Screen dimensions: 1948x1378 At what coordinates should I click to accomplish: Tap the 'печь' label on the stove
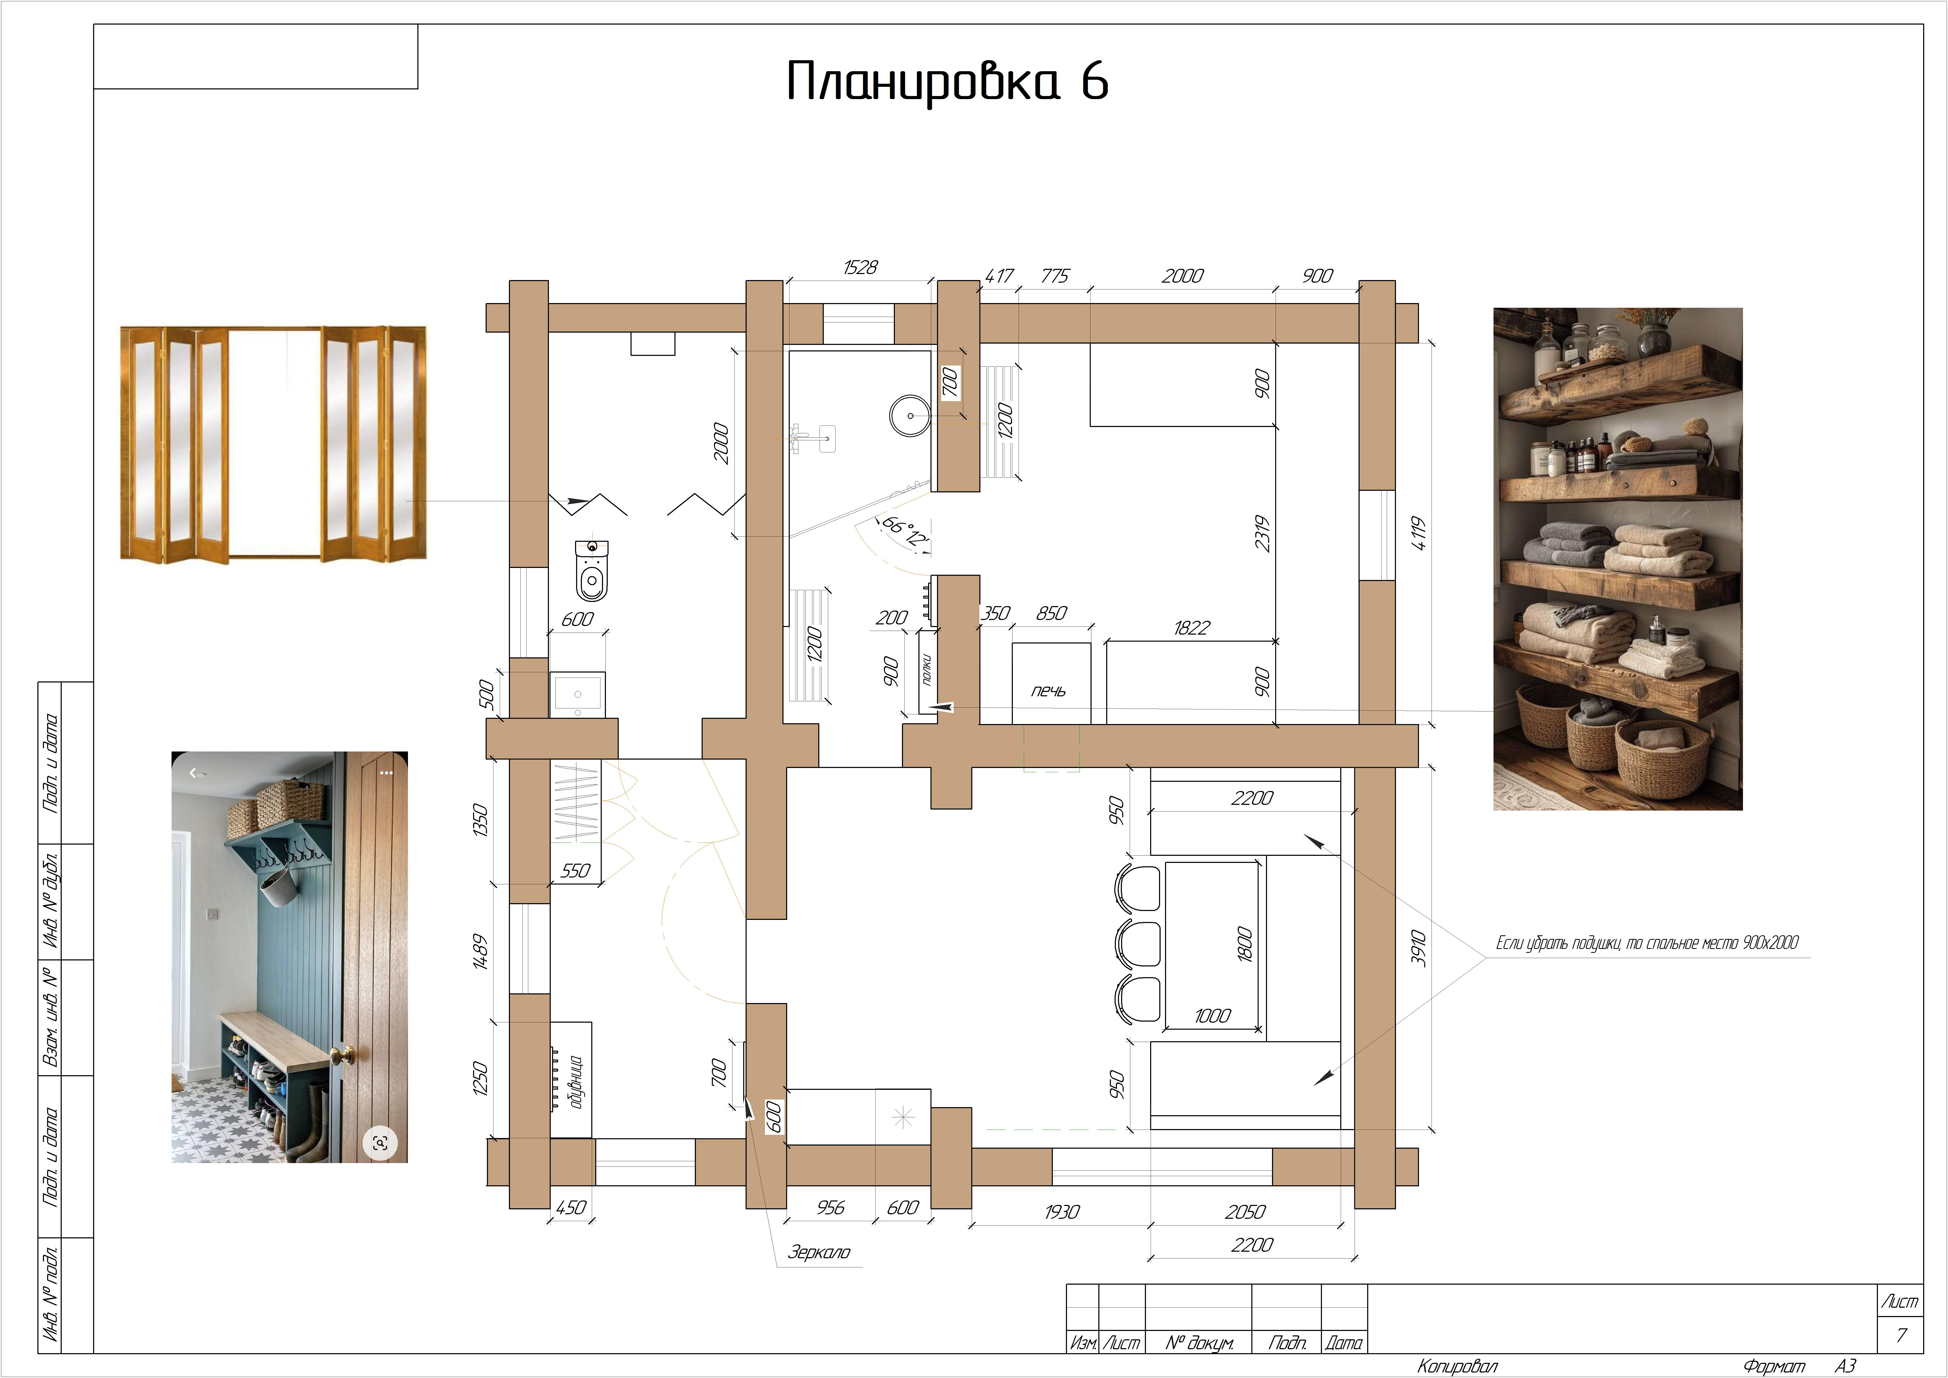pyautogui.click(x=1049, y=691)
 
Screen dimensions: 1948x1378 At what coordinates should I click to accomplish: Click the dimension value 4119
pyautogui.click(x=1418, y=533)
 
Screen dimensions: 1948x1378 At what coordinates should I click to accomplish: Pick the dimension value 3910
pyautogui.click(x=1418, y=948)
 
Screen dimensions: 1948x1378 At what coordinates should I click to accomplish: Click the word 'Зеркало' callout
pyautogui.click(x=819, y=1251)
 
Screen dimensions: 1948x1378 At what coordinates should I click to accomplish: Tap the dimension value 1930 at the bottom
pyautogui.click(x=1062, y=1212)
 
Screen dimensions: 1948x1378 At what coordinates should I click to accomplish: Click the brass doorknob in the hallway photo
pyautogui.click(x=342, y=1056)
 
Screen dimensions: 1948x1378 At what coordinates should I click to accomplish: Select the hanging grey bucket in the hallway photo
pyautogui.click(x=277, y=889)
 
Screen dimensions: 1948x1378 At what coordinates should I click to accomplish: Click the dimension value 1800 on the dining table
pyautogui.click(x=1245, y=944)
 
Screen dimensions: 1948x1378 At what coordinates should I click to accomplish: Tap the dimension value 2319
pyautogui.click(x=1263, y=534)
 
